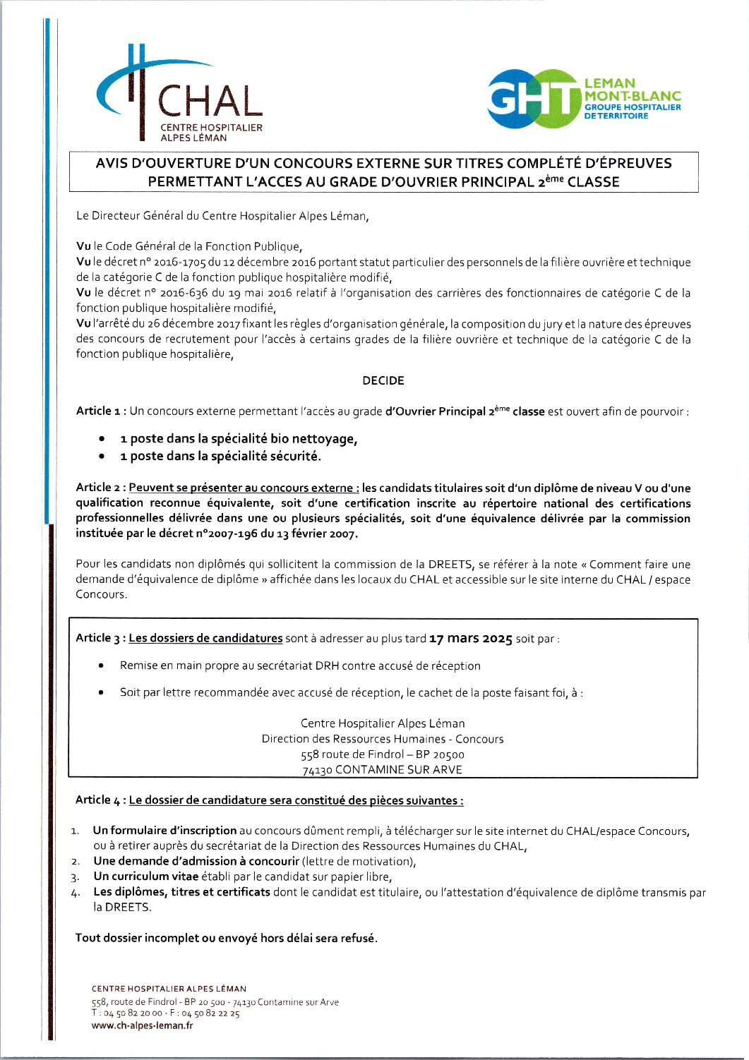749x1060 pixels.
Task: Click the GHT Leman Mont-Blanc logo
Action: [x=584, y=99]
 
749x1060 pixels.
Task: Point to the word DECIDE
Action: [x=383, y=381]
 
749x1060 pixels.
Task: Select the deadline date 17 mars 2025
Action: [x=470, y=639]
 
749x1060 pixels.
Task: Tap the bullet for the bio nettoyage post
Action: [x=103, y=439]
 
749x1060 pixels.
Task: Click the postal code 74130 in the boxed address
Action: [x=317, y=770]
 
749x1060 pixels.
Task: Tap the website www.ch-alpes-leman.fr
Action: [x=142, y=1025]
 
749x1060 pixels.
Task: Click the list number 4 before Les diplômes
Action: [x=75, y=893]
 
